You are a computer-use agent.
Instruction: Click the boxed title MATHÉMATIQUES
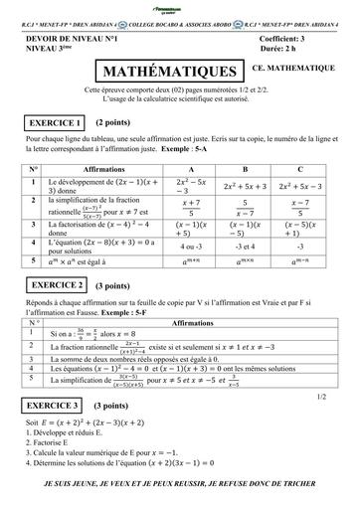click(x=167, y=72)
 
